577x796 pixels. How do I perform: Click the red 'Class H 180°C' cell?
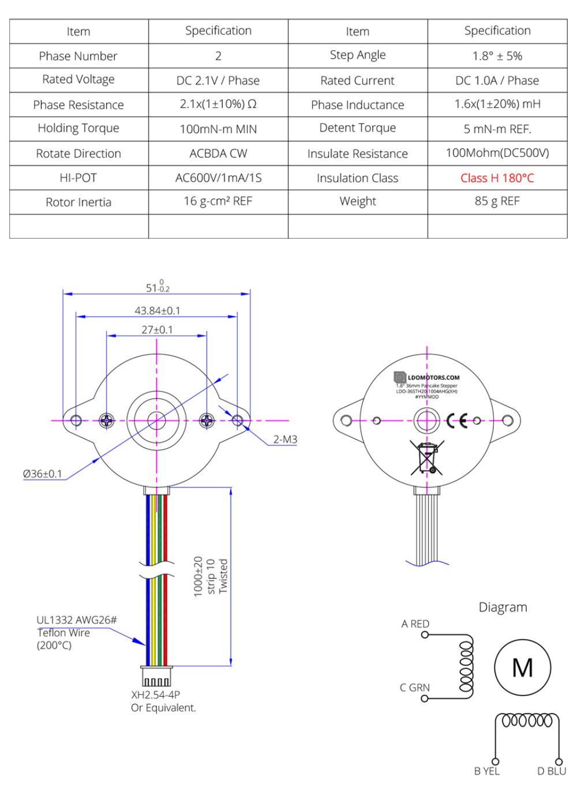[497, 178]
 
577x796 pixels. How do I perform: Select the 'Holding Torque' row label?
[78, 129]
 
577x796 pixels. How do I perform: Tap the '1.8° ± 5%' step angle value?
[497, 56]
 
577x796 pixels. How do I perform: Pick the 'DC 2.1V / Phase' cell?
[218, 81]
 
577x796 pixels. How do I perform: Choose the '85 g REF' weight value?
[497, 201]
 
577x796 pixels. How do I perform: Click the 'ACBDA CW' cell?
[218, 153]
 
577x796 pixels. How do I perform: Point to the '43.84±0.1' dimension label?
[157, 310]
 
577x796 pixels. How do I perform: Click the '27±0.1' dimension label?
[157, 329]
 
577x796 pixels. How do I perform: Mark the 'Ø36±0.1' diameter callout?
[42, 474]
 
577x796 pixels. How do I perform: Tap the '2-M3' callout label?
[285, 439]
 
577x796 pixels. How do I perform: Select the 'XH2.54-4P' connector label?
[155, 694]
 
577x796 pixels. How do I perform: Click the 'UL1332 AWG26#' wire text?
[76, 620]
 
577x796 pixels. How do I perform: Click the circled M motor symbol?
[522, 668]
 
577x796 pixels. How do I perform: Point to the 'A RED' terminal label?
[415, 624]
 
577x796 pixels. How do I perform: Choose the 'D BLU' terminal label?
[551, 771]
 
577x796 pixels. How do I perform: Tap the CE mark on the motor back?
[457, 421]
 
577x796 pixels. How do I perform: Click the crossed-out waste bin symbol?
[427, 457]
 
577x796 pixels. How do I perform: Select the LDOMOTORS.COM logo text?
[433, 378]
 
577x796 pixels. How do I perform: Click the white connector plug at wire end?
[156, 677]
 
